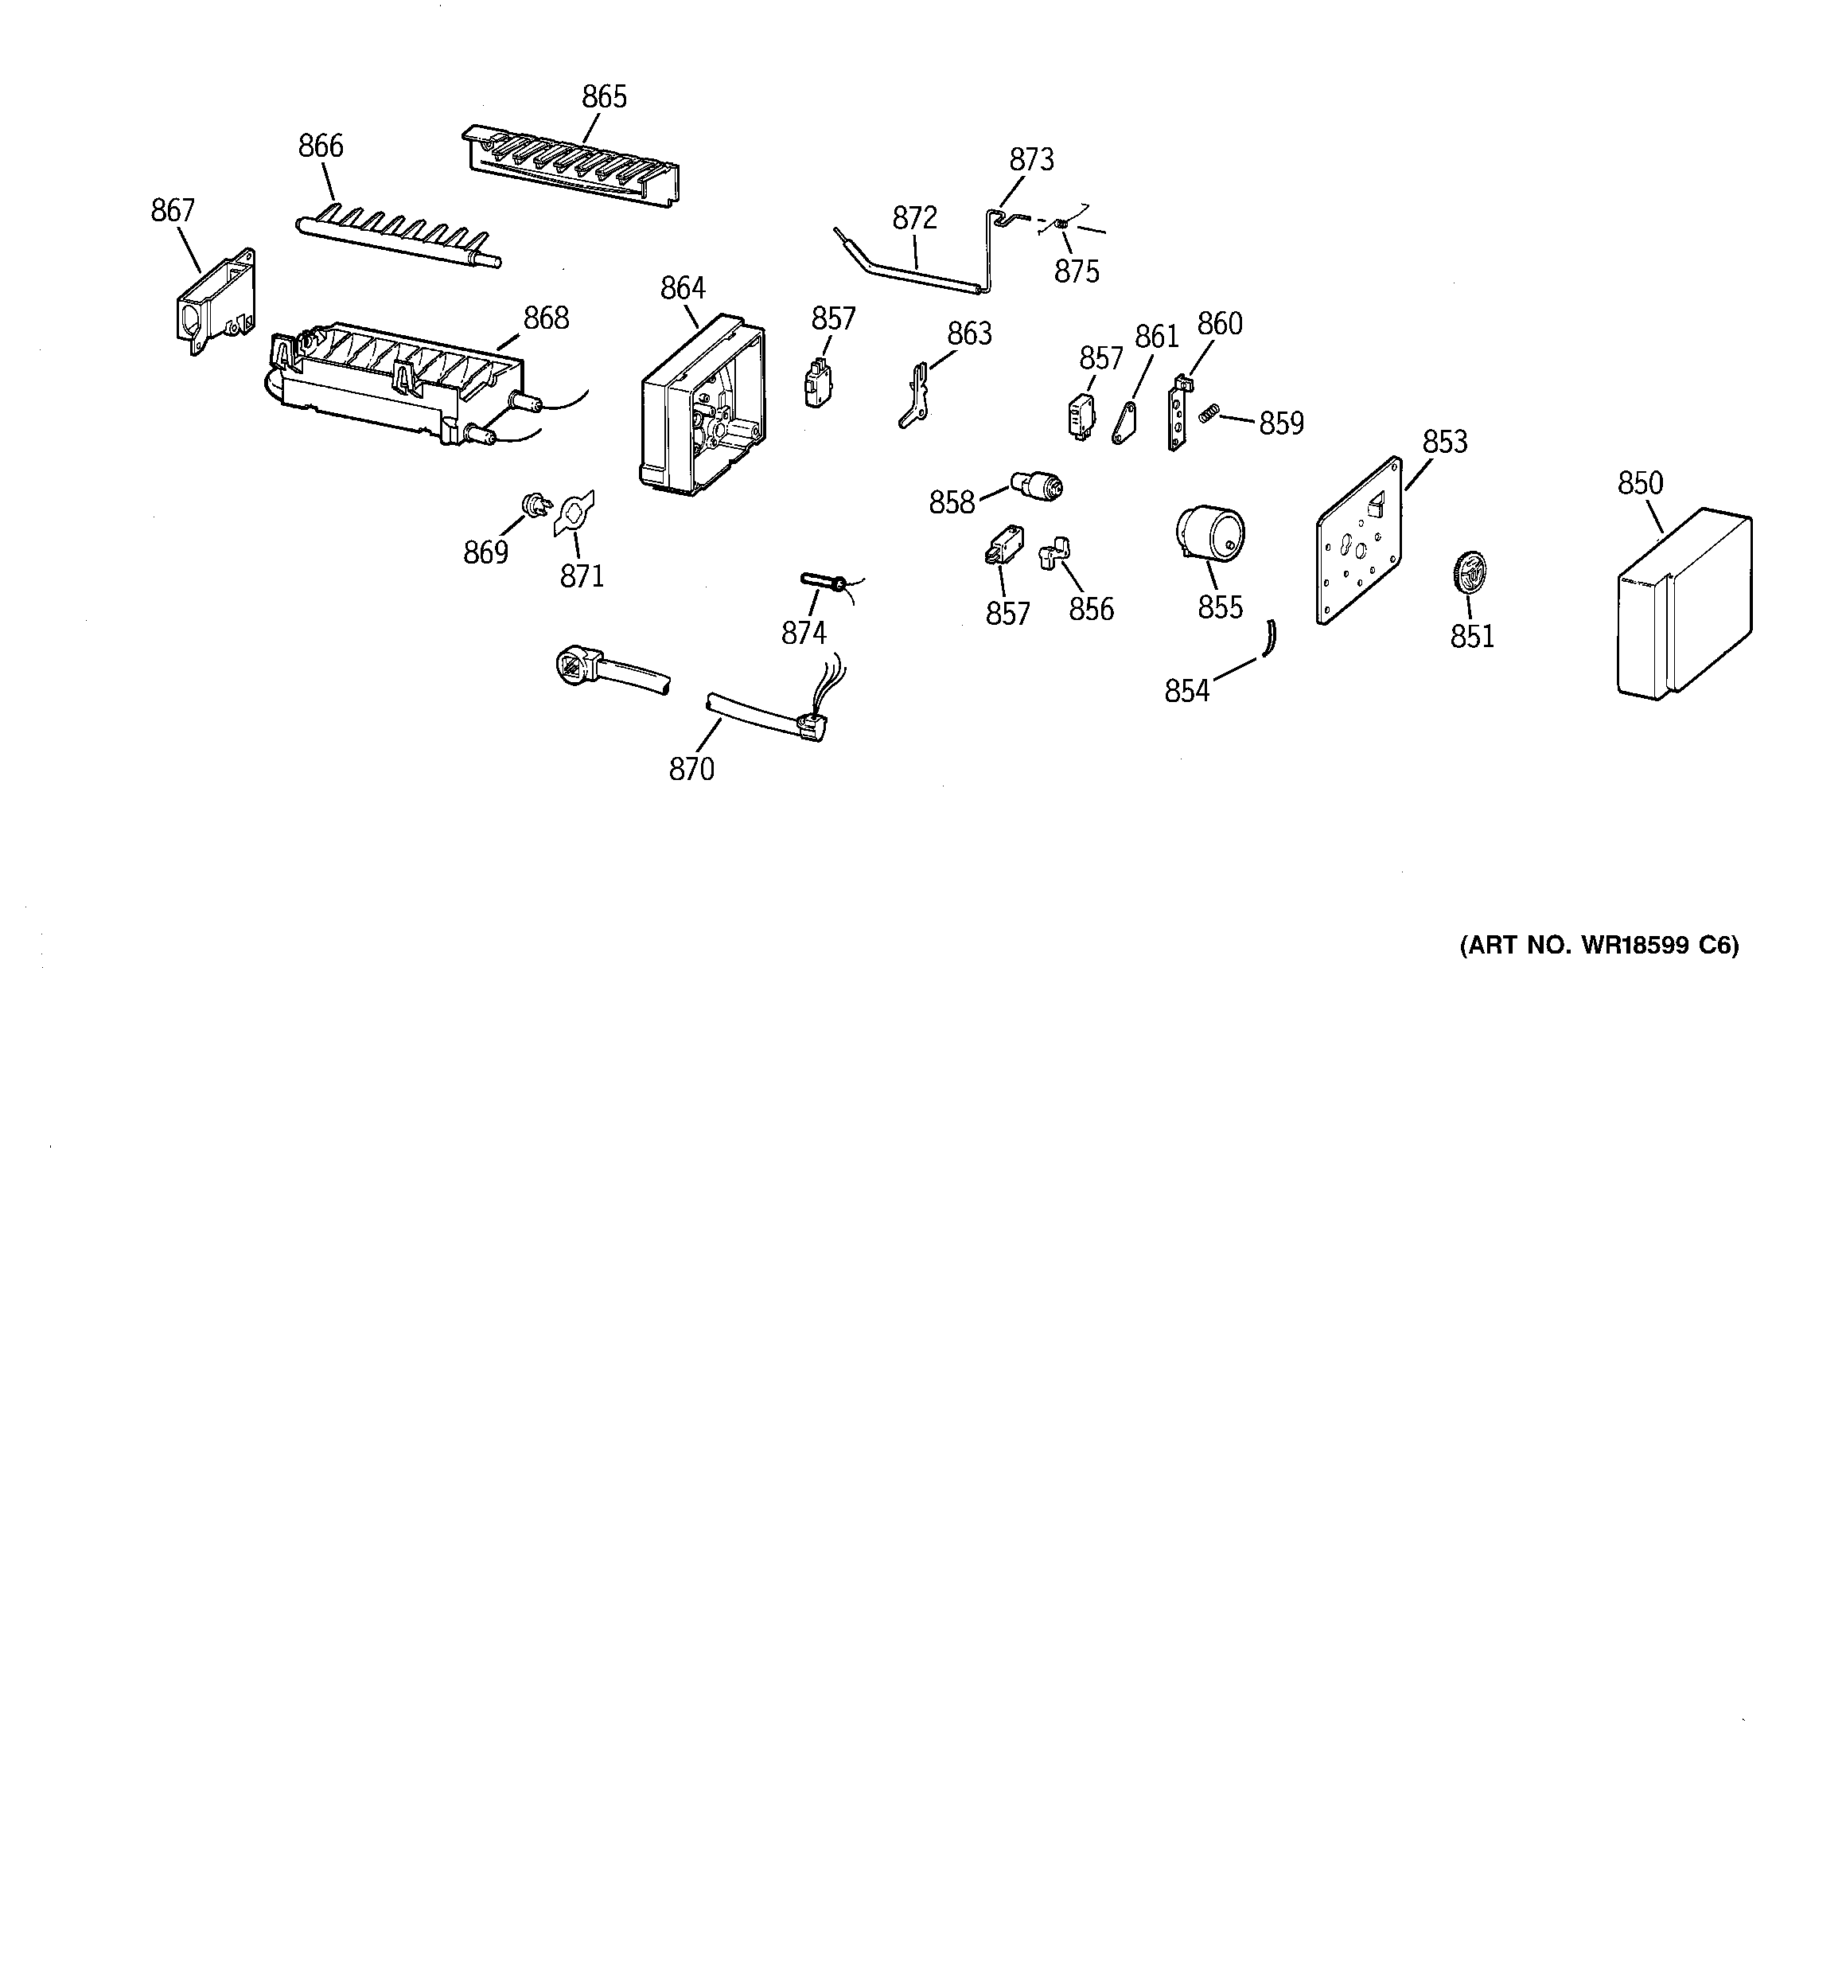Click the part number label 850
(1640, 484)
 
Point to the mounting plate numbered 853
(1358, 541)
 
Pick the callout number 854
(1187, 691)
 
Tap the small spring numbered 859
(1207, 414)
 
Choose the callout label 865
(605, 97)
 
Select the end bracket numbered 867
(216, 301)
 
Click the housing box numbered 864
(702, 406)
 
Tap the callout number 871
(582, 575)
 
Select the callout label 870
(691, 769)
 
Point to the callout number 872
(914, 218)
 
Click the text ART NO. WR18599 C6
(1599, 946)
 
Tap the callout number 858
(951, 503)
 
